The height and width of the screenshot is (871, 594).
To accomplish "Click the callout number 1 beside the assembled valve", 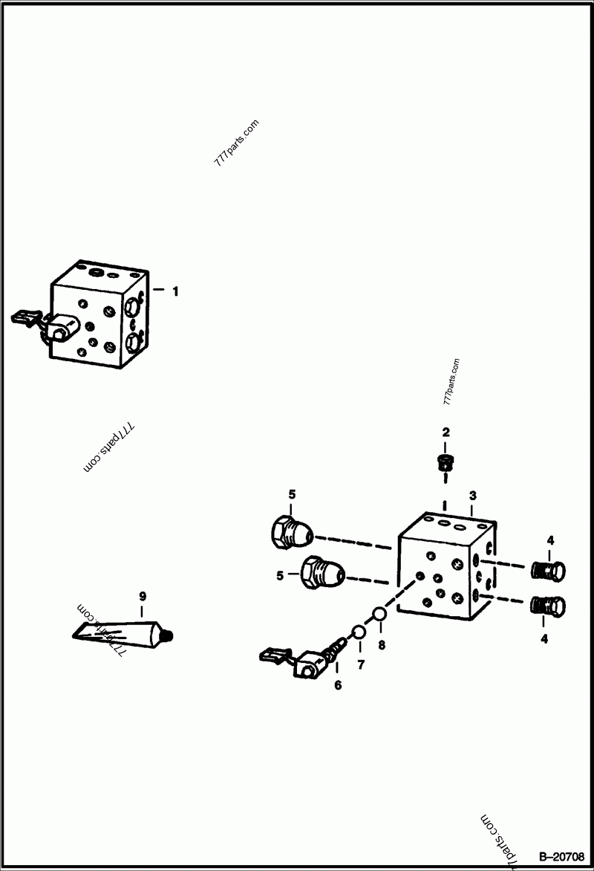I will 175,292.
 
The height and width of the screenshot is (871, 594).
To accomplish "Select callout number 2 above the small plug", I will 446,432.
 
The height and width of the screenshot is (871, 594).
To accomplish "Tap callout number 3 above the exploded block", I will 471,496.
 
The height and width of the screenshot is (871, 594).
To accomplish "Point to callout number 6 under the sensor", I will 338,685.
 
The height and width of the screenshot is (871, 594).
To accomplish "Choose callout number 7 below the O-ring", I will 362,665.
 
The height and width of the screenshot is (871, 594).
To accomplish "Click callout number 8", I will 382,645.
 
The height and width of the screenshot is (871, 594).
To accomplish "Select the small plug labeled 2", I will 446,463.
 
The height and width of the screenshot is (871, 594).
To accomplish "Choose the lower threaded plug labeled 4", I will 549,606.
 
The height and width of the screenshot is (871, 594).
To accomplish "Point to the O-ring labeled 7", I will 358,632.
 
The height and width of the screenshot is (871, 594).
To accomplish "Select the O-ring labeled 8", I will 378,614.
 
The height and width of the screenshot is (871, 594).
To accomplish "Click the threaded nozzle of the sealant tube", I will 169,635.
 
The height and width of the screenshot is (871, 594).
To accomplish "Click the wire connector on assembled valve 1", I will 24,319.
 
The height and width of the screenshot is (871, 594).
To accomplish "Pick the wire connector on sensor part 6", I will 273,655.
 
